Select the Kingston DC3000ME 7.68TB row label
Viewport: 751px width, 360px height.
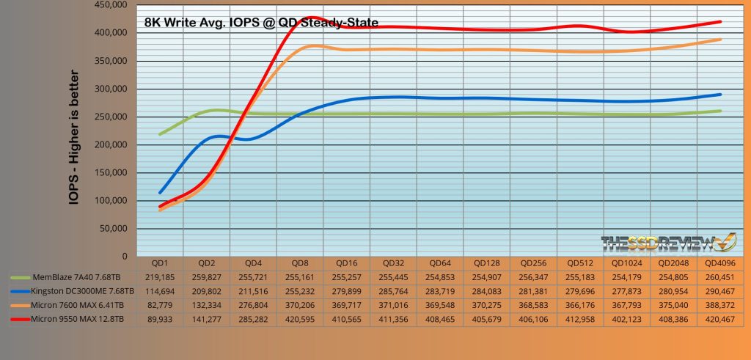coord(70,292)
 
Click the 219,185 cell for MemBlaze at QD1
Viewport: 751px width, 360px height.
coord(160,278)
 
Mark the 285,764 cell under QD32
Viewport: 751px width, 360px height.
coord(392,292)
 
